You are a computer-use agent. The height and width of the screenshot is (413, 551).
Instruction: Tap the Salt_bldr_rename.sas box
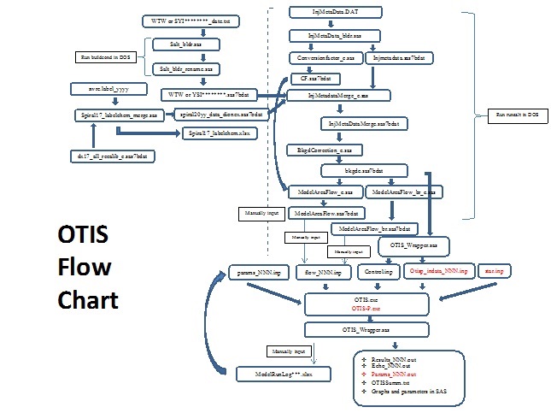(185, 68)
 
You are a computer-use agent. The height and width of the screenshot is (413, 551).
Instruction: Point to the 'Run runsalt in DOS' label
(518, 114)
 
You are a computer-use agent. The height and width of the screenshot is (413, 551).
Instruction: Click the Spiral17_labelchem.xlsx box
(220, 133)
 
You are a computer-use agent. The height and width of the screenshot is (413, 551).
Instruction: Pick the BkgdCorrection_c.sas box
(325, 150)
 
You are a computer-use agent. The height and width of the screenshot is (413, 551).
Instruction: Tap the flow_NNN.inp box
(323, 272)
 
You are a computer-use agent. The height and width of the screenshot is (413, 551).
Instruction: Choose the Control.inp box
(378, 271)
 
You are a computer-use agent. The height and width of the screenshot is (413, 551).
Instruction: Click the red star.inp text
(493, 271)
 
